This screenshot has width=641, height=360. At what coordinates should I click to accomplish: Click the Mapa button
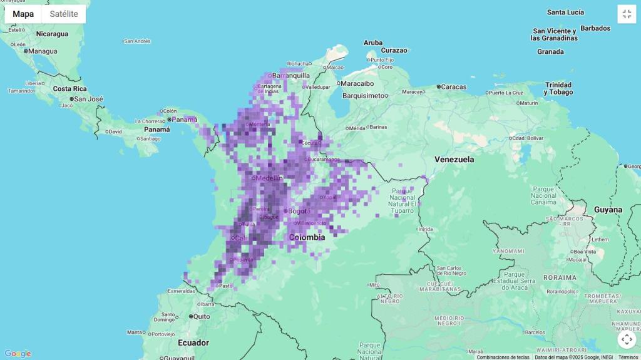23,14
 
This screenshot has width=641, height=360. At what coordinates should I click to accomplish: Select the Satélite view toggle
64,14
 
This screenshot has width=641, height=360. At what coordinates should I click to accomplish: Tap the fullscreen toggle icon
627,14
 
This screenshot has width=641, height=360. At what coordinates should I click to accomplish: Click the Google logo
18,354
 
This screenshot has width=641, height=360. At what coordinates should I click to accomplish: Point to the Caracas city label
453,87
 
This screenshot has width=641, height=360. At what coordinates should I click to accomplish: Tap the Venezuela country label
454,160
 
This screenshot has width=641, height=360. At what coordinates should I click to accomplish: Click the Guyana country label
608,210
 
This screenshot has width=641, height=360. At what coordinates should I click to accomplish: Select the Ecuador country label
193,342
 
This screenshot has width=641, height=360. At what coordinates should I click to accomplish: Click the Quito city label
201,317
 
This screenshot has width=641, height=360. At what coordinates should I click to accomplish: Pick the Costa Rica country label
70,89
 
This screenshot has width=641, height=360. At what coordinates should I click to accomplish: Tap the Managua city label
43,51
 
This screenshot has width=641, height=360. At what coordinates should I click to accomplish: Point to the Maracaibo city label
357,83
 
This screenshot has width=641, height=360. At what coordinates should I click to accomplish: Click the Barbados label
595,28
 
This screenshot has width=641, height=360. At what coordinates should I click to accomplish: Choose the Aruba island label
373,43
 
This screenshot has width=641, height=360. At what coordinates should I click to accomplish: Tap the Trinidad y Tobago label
558,88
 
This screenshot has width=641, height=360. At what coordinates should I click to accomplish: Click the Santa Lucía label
565,13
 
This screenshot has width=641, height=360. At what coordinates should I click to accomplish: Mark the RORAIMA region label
560,277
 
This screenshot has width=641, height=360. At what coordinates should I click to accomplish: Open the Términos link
628,357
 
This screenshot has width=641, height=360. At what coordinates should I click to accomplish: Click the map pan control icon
627,339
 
